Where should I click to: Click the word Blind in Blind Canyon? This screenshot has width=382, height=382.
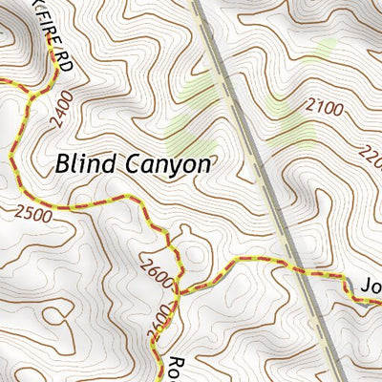point(86,163)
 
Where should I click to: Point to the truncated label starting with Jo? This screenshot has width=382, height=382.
point(369,286)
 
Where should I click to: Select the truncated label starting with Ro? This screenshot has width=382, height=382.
point(175,368)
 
